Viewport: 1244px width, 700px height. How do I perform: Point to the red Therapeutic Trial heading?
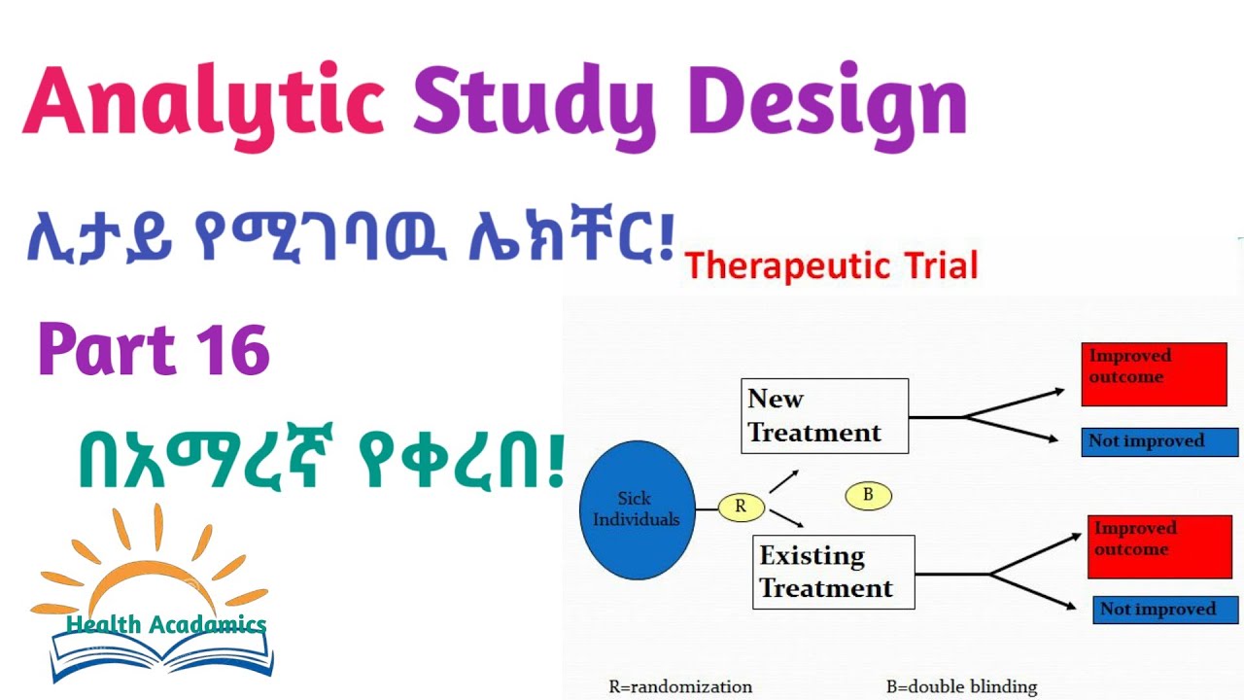pyautogui.click(x=831, y=265)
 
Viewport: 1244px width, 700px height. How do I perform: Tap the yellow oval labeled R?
pyautogui.click(x=742, y=506)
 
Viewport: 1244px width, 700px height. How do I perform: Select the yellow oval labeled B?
pyautogui.click(x=868, y=495)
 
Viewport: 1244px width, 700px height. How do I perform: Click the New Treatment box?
pyautogui.click(x=824, y=416)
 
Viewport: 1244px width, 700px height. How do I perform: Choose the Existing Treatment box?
pyautogui.click(x=833, y=572)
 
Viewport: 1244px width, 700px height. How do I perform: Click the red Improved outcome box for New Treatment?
pyautogui.click(x=1154, y=373)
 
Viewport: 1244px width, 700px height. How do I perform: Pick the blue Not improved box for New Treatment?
pyautogui.click(x=1159, y=441)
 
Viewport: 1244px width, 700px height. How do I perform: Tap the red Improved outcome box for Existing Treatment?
pyautogui.click(x=1159, y=546)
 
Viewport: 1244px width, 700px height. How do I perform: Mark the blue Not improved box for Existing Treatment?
pyautogui.click(x=1165, y=610)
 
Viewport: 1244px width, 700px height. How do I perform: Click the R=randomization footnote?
pyautogui.click(x=679, y=686)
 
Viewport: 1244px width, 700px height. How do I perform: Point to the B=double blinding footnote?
pyautogui.click(x=961, y=686)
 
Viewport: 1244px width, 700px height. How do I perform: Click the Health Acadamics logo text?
pyautogui.click(x=166, y=625)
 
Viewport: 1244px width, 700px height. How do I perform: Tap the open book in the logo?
pyautogui.click(x=161, y=655)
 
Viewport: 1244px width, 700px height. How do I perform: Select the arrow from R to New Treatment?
pyautogui.click(x=783, y=480)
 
